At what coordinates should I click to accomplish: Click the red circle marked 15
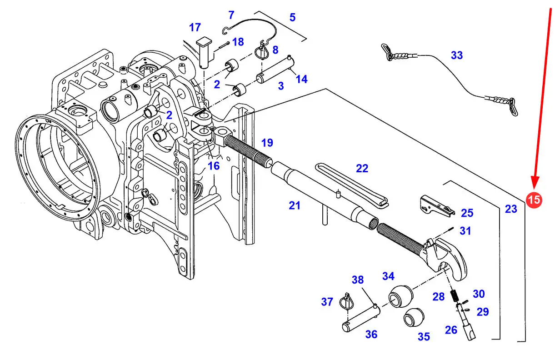pyautogui.click(x=534, y=200)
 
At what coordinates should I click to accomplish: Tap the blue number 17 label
pyautogui.click(x=195, y=28)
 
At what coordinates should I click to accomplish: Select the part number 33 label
pyautogui.click(x=457, y=55)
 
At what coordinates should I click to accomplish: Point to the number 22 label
pyautogui.click(x=362, y=169)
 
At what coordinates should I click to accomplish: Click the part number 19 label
pyautogui.click(x=267, y=143)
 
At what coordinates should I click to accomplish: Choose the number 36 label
pyautogui.click(x=371, y=334)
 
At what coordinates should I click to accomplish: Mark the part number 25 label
pyautogui.click(x=467, y=213)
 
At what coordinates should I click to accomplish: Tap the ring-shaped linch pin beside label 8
pyautogui.click(x=262, y=51)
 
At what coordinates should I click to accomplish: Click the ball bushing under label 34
pyautogui.click(x=400, y=297)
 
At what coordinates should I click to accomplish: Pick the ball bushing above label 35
pyautogui.click(x=414, y=317)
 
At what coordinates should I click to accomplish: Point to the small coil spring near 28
pyautogui.click(x=454, y=296)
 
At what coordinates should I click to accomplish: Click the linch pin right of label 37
pyautogui.click(x=347, y=301)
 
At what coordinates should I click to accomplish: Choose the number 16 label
pyautogui.click(x=214, y=166)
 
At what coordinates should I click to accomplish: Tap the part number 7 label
pyautogui.click(x=231, y=15)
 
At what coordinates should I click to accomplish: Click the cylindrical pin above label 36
pyautogui.click(x=361, y=319)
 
